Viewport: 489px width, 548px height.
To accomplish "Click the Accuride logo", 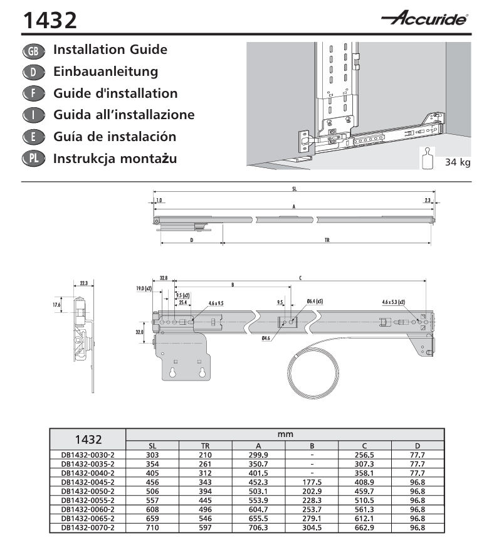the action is [424, 18].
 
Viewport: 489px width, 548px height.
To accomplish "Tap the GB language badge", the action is [33, 51].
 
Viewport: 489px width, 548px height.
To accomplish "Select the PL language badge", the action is [33, 159].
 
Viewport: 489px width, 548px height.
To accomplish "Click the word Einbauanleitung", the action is [105, 71].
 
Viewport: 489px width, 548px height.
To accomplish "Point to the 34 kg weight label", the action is [458, 162].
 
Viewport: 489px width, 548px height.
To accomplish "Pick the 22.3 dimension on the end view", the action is [84, 283].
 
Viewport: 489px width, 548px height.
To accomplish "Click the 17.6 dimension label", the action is [56, 305].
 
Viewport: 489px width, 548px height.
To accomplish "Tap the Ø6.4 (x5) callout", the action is [315, 301].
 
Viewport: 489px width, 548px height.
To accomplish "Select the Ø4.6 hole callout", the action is [266, 339].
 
